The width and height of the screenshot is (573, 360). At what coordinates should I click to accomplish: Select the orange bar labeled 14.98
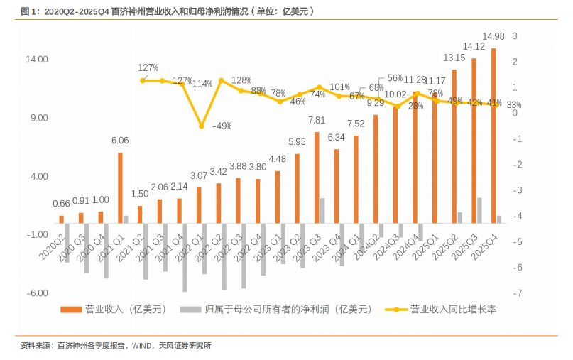pos(493,135)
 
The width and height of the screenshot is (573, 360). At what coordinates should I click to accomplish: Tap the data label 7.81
pos(317,121)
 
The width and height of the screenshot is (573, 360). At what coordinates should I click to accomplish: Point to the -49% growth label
pos(222,126)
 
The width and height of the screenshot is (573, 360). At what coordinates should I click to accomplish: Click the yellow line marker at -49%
pos(202,126)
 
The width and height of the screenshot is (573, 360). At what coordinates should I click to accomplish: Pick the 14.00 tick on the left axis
pos(38,60)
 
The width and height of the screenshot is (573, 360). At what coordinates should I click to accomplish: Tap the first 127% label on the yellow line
pos(148,68)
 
